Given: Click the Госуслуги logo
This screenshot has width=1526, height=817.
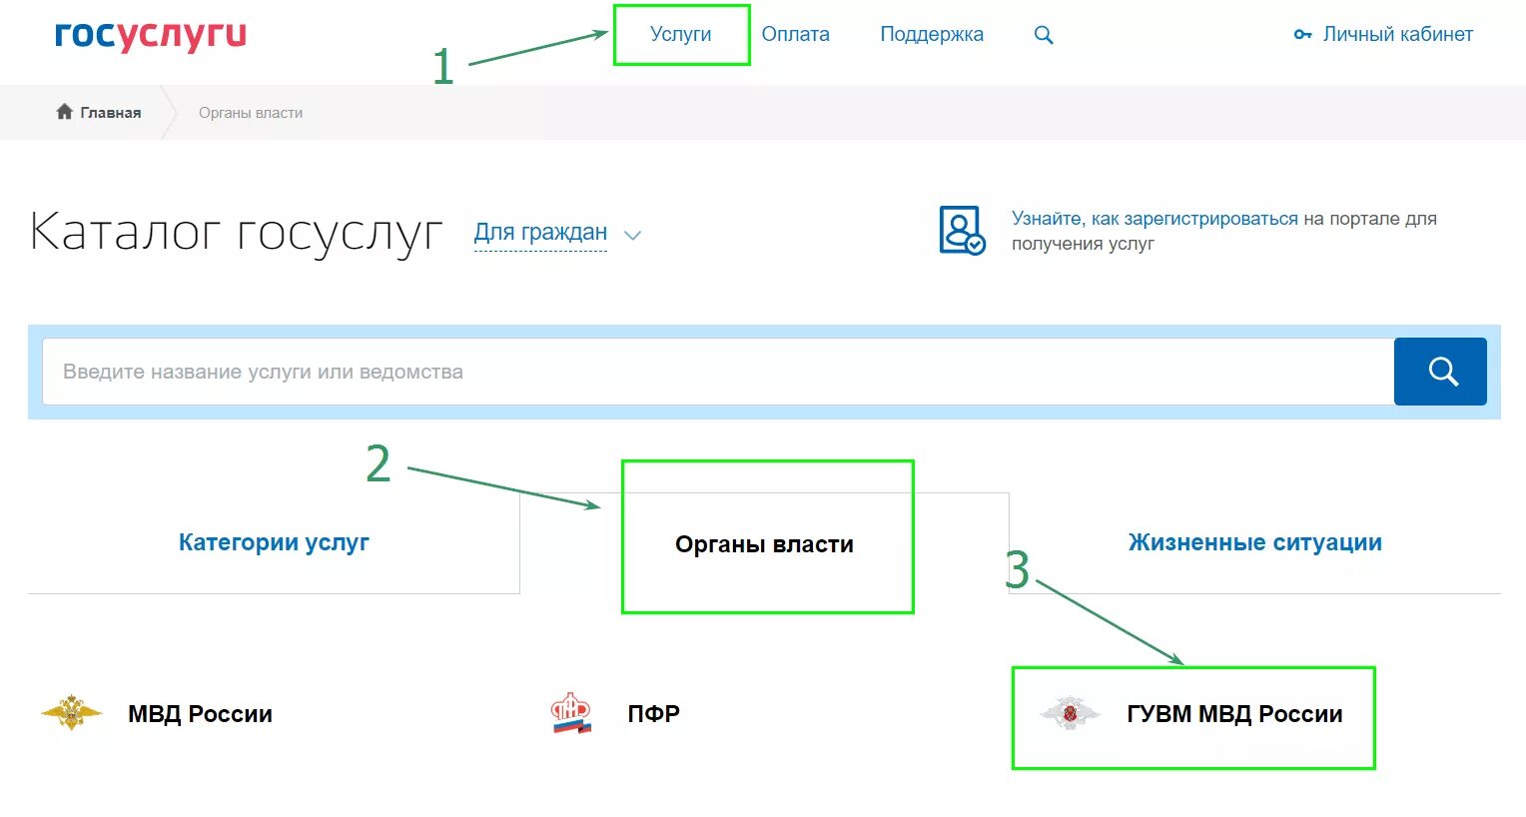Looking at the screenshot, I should (150, 35).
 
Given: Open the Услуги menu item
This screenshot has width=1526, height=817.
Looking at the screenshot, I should (680, 35).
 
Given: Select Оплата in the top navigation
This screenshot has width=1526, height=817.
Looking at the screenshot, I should (795, 35).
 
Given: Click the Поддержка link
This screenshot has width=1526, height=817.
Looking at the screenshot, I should (931, 35).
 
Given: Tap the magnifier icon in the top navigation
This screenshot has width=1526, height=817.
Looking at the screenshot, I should (1044, 35).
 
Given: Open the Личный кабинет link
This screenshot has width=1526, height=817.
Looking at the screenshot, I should (1397, 35).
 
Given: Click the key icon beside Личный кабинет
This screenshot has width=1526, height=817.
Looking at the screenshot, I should (1302, 35).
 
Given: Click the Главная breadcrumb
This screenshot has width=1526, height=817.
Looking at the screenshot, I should (110, 113).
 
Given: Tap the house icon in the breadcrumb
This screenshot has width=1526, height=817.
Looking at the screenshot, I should (65, 112).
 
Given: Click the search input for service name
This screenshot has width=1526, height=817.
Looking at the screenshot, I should (717, 372).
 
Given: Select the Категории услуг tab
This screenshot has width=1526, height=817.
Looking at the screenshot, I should (274, 542).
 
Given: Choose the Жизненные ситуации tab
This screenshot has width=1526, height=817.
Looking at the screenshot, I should (1254, 542).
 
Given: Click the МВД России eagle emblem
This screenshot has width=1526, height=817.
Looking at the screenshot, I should (71, 713).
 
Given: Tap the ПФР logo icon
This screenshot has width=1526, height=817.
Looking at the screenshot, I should (571, 713).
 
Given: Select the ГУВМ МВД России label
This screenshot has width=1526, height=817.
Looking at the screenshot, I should (1234, 714).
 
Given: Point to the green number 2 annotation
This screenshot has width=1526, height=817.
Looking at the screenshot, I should (378, 464).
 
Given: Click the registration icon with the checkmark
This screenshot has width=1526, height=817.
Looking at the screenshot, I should (961, 231).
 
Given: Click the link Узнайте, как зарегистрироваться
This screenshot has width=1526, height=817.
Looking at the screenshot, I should (1154, 219).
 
